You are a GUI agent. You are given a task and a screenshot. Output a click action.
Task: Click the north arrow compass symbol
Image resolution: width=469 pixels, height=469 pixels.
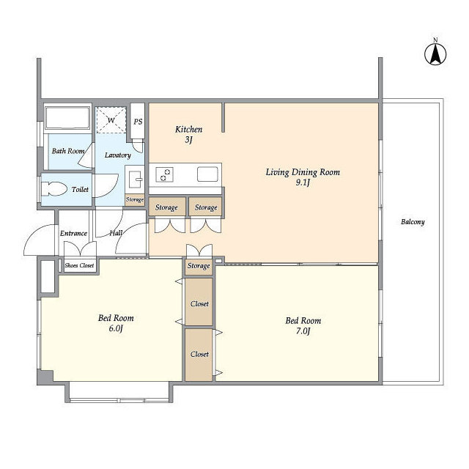(x=435, y=54)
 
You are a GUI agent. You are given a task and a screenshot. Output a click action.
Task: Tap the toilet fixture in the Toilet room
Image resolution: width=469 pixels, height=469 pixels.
(x=53, y=189)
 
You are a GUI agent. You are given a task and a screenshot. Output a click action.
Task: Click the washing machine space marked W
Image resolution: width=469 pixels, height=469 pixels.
(x=111, y=120)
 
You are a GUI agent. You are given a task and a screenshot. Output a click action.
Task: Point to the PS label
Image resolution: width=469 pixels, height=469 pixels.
(x=138, y=122)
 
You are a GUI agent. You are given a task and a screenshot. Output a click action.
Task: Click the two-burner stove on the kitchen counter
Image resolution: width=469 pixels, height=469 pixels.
(x=164, y=175)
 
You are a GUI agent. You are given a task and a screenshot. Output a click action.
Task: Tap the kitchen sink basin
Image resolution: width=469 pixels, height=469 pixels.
(x=207, y=174)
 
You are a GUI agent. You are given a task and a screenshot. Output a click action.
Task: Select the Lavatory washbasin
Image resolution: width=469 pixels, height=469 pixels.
(x=135, y=179)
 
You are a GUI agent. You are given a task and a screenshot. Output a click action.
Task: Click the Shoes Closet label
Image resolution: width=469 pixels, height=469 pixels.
(x=79, y=265)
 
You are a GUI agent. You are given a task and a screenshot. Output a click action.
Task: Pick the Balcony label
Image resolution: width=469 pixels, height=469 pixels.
(x=413, y=222)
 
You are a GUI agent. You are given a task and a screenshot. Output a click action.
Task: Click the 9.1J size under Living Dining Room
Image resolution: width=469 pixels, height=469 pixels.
(x=303, y=182)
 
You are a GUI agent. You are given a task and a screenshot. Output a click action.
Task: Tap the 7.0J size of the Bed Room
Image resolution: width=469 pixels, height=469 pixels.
(x=303, y=331)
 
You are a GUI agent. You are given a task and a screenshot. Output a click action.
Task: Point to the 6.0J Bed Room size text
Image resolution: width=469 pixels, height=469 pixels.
(x=116, y=328)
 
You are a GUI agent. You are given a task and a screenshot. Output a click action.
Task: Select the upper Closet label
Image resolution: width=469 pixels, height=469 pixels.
(x=199, y=304)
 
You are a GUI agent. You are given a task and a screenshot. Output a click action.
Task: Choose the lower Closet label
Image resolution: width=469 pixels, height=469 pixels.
(x=199, y=354)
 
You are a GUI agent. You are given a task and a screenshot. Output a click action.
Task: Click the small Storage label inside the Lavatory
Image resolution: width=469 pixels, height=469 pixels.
(x=135, y=199)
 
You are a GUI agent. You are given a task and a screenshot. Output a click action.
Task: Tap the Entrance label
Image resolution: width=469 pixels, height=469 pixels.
(x=73, y=233)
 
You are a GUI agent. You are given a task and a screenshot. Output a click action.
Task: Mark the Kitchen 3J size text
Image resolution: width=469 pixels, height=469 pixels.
(x=188, y=140)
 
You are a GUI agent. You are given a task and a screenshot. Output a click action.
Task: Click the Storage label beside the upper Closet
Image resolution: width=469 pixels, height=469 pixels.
(x=199, y=266)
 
